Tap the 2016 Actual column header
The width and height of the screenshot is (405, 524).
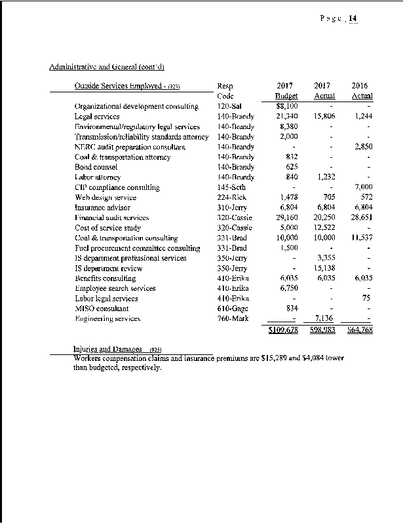[x=361, y=90]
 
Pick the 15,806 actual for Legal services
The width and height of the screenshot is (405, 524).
[x=323, y=116]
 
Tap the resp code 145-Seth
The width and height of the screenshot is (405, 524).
[x=230, y=187]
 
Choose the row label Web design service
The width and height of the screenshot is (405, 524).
[x=106, y=197]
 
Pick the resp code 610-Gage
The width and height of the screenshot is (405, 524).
[x=231, y=309]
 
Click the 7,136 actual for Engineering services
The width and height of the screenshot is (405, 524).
[x=324, y=318]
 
